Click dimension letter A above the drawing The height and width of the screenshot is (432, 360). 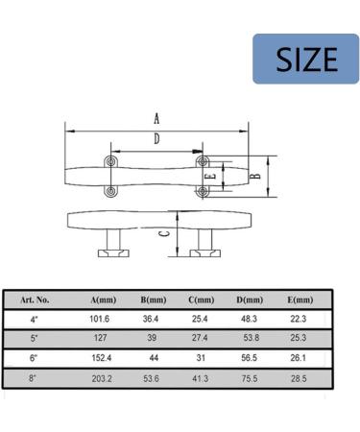click(x=156, y=119)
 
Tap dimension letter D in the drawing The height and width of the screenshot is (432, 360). click(x=156, y=140)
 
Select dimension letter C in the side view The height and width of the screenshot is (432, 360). click(x=164, y=233)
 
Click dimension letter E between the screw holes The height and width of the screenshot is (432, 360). click(x=210, y=177)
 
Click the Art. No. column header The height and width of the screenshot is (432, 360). click(x=35, y=300)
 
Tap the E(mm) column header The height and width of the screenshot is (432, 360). click(x=300, y=300)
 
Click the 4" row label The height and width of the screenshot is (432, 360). click(x=35, y=319)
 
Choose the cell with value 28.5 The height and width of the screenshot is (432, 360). click(x=300, y=377)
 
